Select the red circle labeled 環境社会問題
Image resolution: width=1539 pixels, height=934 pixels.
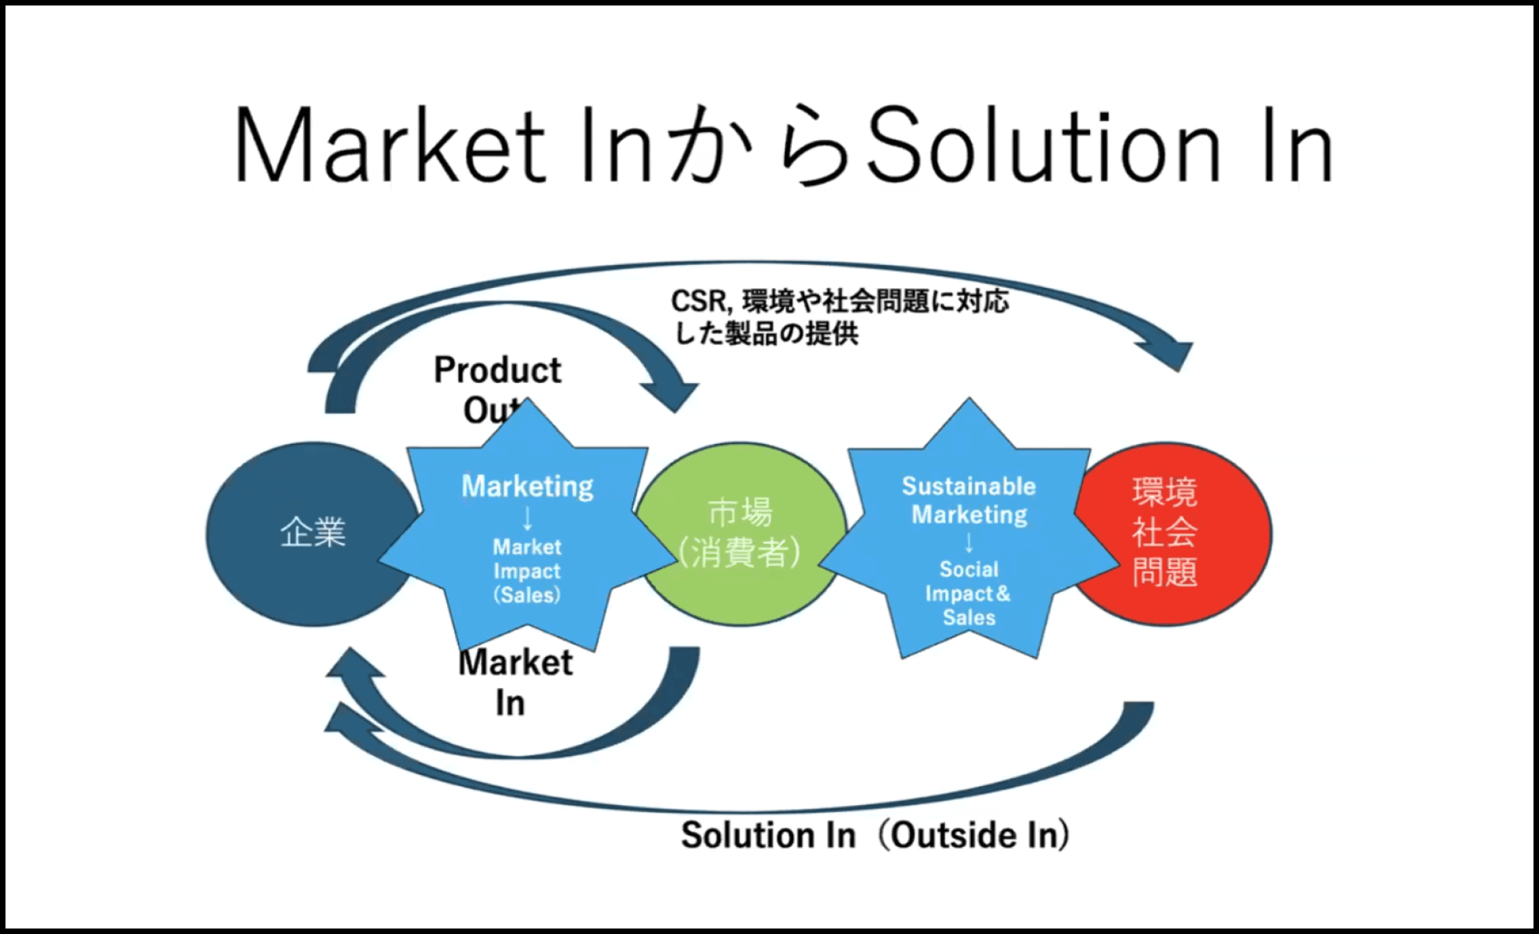point(1173,533)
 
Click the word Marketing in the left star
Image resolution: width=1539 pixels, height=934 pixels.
point(528,486)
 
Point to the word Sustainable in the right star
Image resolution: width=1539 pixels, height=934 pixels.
point(969,486)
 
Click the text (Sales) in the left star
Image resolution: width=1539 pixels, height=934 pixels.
point(527,594)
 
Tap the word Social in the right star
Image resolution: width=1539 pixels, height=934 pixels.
point(969,569)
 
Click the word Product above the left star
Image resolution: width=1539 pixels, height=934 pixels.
point(498,370)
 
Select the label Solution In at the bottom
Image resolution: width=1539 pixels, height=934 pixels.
point(768,835)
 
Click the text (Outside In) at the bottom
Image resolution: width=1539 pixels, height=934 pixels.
point(975,835)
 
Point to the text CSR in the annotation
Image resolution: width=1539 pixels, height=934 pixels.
point(699,301)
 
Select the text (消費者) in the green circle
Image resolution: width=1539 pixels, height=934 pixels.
point(740,553)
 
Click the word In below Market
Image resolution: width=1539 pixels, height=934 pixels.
point(510,703)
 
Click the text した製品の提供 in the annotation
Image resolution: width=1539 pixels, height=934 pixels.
point(766,334)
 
